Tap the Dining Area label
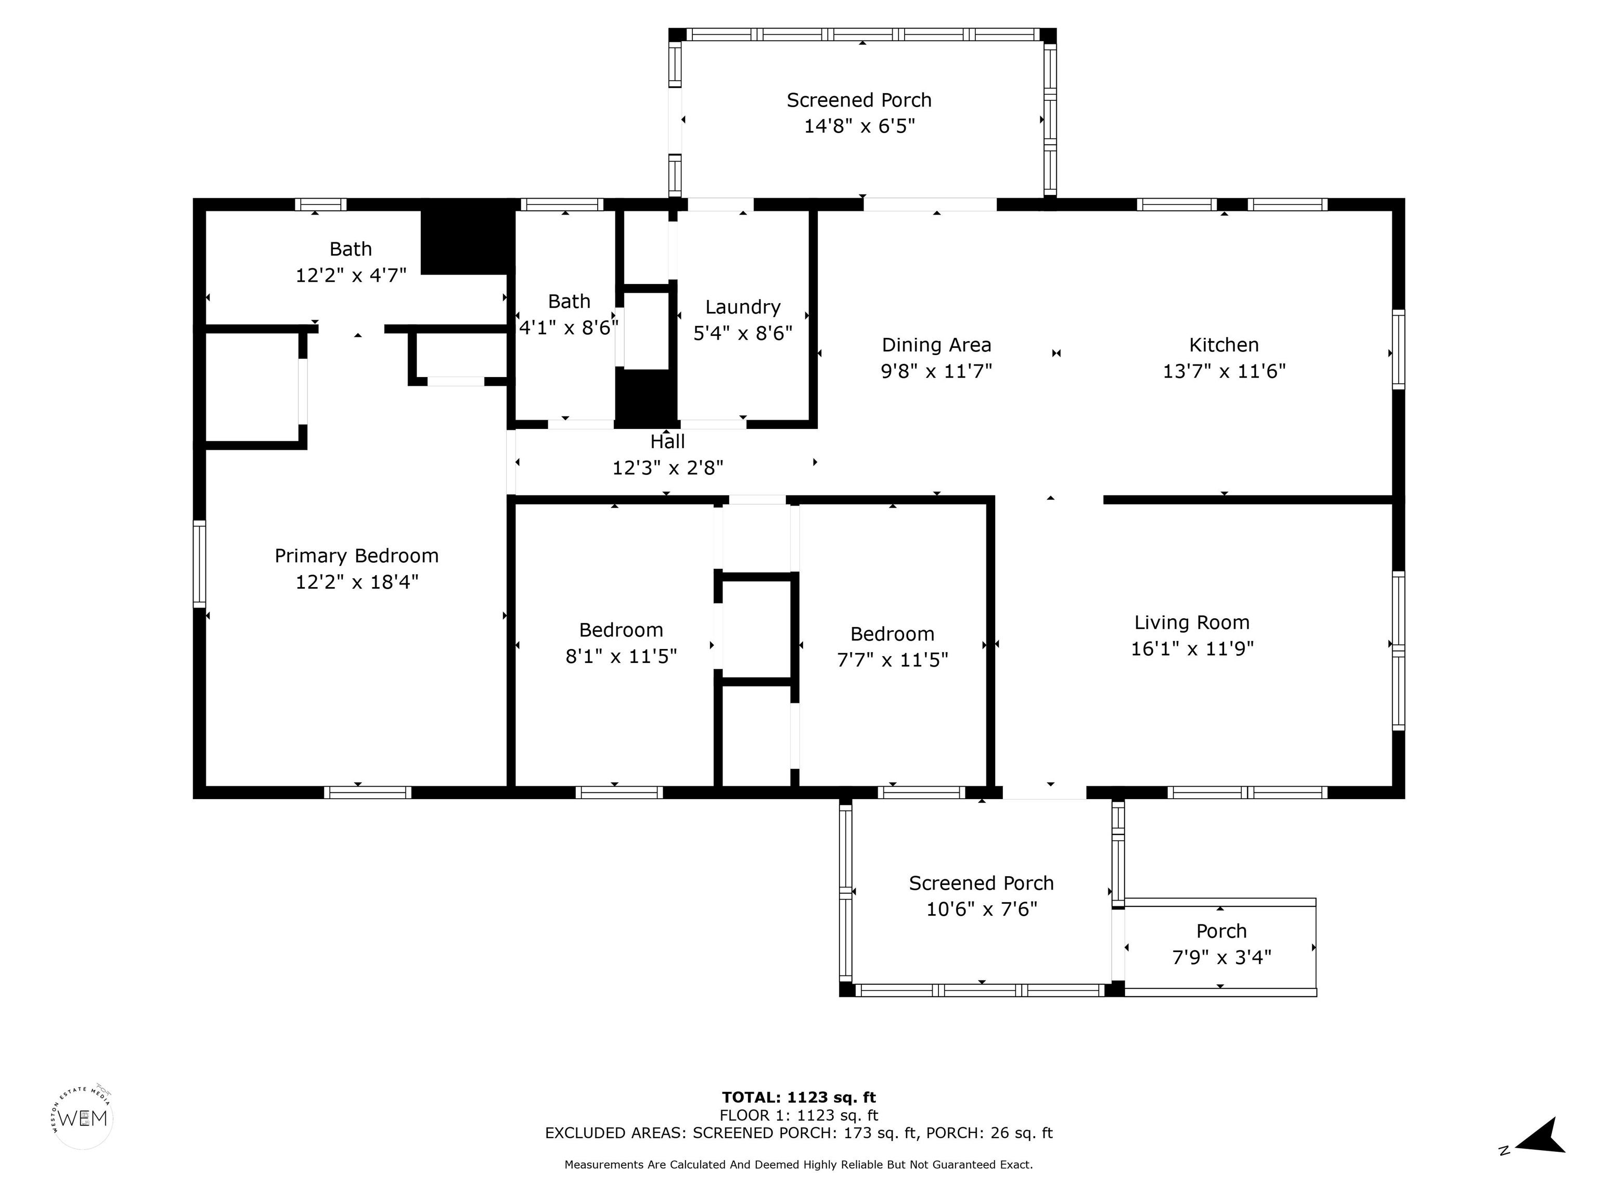pos(936,345)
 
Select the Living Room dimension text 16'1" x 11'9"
pos(1192,648)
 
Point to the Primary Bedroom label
pos(356,556)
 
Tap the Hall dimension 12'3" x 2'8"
pos(667,468)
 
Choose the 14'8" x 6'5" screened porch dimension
pos(860,126)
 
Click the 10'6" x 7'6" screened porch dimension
pos(982,909)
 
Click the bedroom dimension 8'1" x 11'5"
pos(621,656)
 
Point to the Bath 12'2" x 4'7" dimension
pos(351,275)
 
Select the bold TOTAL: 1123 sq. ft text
pos(799,1098)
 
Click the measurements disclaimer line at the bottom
pos(798,1165)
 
